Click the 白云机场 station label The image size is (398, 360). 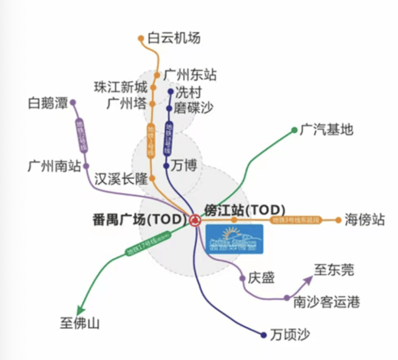(x=173, y=38)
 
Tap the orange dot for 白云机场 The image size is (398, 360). (x=141, y=38)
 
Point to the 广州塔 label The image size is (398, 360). (x=127, y=104)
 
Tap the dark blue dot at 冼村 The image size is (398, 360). (x=170, y=91)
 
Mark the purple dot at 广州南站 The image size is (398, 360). (x=86, y=166)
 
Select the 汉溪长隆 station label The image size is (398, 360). (x=120, y=178)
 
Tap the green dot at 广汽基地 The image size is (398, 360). (x=294, y=130)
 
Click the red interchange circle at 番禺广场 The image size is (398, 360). (x=194, y=219)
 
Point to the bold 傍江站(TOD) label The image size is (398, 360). (x=245, y=210)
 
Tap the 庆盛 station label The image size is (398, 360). (x=261, y=278)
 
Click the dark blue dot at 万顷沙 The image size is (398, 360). (x=264, y=335)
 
